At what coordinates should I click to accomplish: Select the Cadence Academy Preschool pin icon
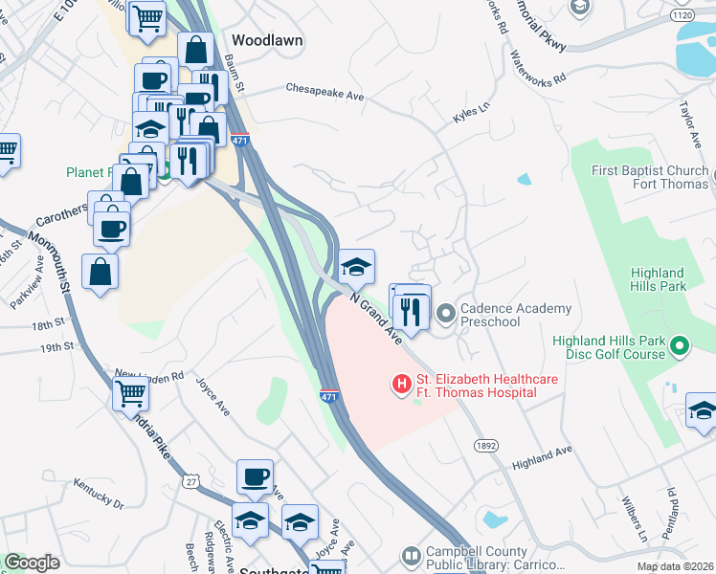446,313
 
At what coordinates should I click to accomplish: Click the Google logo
32,562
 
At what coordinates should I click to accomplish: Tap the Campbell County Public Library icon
412,556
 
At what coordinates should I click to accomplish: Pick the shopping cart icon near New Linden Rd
131,391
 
